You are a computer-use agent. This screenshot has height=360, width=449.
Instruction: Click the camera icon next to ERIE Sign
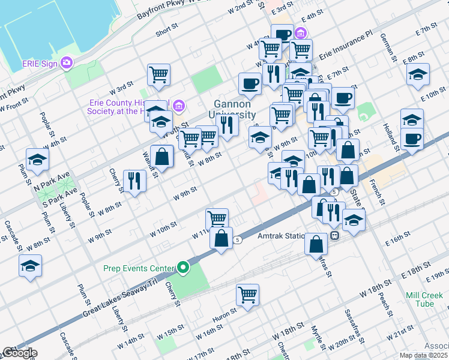(x=67, y=62)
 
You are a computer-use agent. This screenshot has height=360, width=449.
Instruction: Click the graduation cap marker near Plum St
(x=37, y=160)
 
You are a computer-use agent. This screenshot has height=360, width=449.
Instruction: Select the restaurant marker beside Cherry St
(x=134, y=181)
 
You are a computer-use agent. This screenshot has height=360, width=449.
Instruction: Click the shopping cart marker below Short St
(x=159, y=75)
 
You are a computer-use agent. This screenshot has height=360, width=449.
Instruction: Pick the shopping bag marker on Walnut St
(x=161, y=157)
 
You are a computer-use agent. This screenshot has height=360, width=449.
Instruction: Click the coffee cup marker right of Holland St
(x=412, y=139)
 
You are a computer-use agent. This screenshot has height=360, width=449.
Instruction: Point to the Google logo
(x=19, y=353)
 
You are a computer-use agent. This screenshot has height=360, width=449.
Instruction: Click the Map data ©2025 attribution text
(x=423, y=355)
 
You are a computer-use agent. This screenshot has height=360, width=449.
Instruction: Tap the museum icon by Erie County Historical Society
(x=178, y=106)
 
